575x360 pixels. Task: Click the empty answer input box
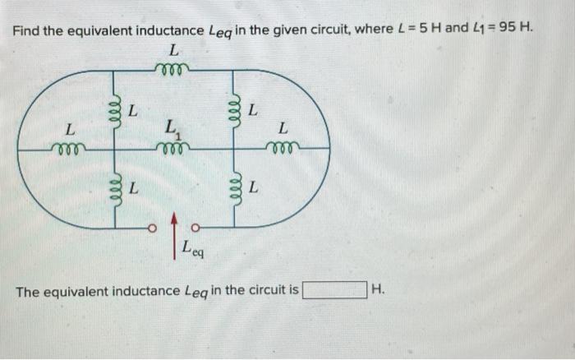point(335,290)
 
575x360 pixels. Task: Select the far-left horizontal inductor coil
point(68,149)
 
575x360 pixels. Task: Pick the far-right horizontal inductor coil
point(283,149)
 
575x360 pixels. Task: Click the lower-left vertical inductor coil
point(116,188)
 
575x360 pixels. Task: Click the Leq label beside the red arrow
point(195,247)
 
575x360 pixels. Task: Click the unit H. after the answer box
point(378,290)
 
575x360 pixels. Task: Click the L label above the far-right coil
point(283,129)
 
